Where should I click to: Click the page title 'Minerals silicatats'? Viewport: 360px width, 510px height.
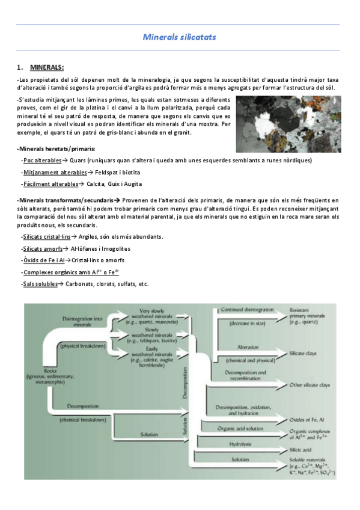tap(179, 37)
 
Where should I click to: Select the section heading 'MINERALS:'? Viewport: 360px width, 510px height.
tap(47, 67)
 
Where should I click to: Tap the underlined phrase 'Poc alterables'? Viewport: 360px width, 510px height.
tap(42, 161)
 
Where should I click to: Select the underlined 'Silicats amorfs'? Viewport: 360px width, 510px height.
tap(43, 248)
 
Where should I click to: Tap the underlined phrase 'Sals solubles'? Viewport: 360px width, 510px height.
tap(40, 284)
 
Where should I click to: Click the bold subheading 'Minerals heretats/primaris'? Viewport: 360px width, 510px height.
tap(56, 149)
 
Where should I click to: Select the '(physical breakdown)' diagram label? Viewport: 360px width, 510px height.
tap(82, 346)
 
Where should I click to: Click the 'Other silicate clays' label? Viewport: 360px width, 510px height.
tap(310, 384)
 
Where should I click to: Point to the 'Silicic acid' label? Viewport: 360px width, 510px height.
tap(301, 449)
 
